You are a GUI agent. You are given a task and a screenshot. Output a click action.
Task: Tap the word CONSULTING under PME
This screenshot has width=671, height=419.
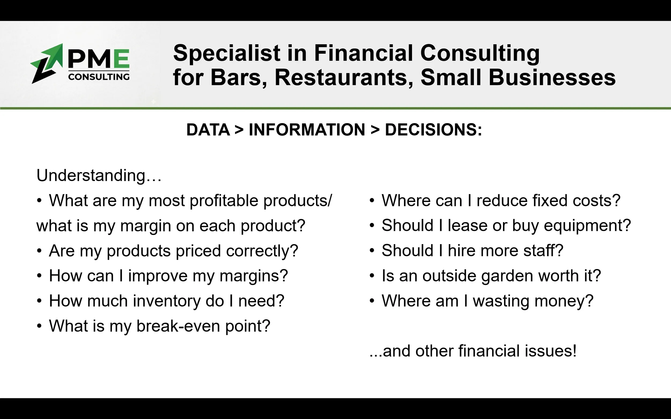point(99,77)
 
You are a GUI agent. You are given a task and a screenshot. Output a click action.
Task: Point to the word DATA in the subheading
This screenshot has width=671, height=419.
point(208,130)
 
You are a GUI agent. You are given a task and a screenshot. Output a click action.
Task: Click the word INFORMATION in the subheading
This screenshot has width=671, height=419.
point(307,130)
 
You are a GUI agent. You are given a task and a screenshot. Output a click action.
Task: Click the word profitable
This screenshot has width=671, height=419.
point(224,200)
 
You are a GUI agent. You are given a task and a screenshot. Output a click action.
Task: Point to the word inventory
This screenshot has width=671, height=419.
point(167,301)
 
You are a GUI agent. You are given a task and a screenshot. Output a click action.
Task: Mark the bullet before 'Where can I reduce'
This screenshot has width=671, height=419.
point(372,201)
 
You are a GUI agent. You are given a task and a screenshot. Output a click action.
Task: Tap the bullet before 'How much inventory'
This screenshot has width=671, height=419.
point(39,301)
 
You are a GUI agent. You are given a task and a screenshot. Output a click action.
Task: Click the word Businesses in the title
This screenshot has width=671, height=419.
point(552,77)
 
